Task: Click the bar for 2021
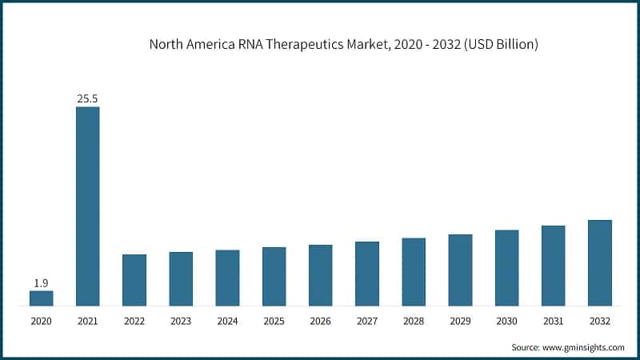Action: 88,206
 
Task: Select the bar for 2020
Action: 42,298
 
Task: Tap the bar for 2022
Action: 134,279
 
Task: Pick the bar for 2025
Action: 274,276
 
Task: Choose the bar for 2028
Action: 414,271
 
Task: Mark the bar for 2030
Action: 506,267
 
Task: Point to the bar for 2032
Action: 600,262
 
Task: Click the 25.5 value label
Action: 88,98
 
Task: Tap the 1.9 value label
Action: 42,282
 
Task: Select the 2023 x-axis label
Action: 181,321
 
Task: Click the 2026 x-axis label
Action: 321,321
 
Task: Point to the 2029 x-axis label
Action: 460,321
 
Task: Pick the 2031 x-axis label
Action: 554,321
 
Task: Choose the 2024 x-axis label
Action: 227,321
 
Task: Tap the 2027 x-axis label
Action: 367,321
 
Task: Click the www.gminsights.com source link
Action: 583,348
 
